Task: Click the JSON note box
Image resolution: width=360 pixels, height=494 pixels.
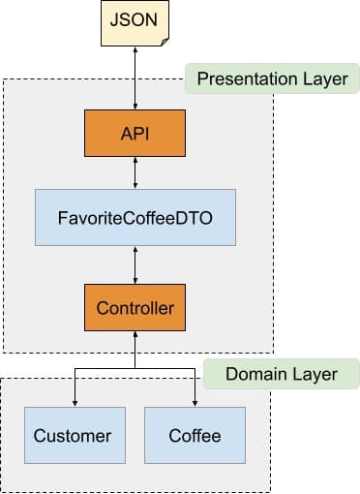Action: pos(135,23)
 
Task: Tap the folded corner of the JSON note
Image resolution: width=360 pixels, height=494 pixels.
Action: pos(165,42)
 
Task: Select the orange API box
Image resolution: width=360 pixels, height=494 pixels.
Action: pos(135,133)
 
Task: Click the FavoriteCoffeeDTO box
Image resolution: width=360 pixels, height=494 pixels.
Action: pos(135,218)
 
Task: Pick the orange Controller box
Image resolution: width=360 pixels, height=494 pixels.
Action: pos(135,307)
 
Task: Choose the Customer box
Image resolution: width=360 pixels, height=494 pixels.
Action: pos(75,435)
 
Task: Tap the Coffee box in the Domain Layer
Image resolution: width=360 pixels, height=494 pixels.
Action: pos(195,435)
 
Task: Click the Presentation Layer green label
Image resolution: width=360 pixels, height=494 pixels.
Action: pos(273,78)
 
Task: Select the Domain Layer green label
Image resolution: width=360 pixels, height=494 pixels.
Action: pos(282,374)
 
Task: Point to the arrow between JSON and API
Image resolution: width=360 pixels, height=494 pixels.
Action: pos(135,78)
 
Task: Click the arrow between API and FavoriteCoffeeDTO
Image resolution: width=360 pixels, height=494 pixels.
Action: pos(135,172)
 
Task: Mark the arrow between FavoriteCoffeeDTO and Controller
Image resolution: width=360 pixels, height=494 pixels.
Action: pos(135,265)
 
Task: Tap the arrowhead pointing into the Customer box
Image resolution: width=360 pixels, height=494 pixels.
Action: pos(75,403)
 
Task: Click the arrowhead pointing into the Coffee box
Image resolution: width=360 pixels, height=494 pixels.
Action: pos(195,403)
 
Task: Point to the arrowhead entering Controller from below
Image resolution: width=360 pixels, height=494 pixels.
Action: pos(135,334)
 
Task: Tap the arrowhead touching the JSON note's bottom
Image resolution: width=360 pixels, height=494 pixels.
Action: pos(135,50)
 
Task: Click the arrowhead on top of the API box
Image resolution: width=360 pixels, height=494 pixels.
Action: pos(135,107)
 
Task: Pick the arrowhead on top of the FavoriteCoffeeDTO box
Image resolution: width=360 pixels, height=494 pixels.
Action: pos(135,186)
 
